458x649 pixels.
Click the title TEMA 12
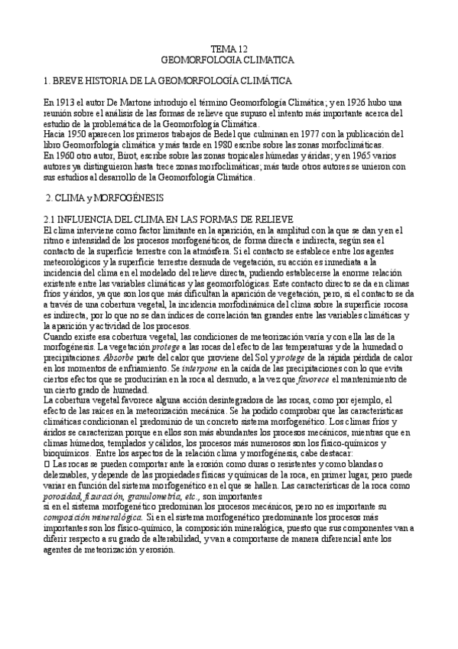[x=229, y=48]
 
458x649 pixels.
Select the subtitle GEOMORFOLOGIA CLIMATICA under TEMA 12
[x=229, y=58]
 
